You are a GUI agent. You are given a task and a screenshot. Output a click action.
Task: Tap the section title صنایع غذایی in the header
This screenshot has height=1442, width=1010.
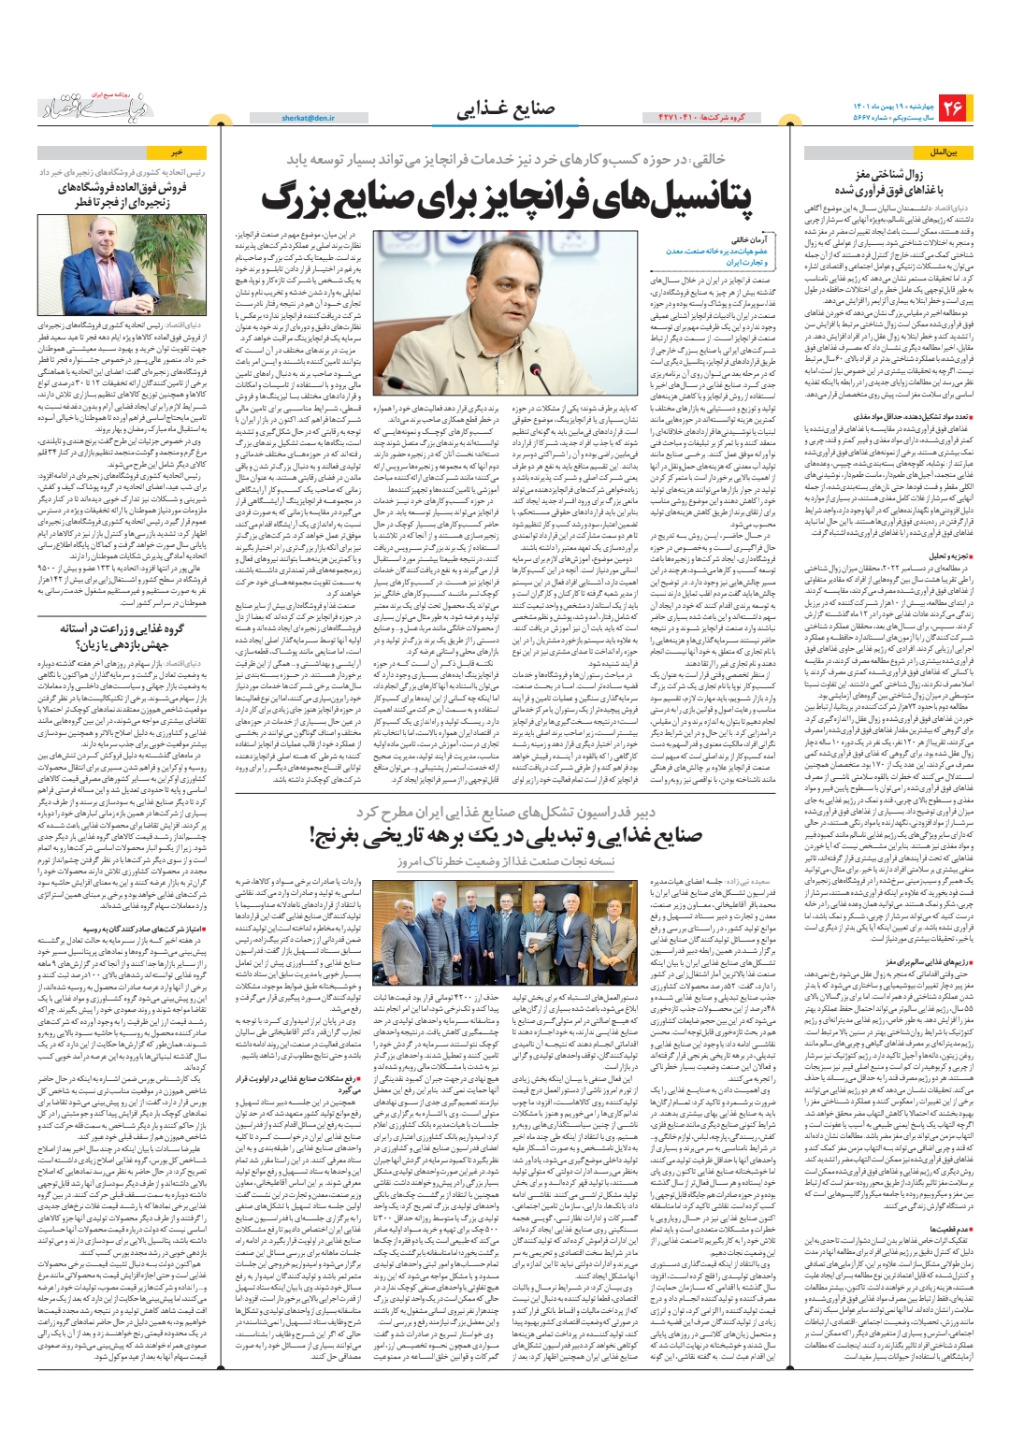[506, 110]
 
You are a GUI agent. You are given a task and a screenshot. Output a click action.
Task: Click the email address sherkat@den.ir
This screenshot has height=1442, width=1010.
[308, 119]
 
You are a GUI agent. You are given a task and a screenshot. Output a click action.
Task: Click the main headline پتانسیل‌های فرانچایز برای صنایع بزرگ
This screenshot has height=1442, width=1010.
[506, 197]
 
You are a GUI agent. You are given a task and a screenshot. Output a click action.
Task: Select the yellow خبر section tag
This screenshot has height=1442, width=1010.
[177, 151]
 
